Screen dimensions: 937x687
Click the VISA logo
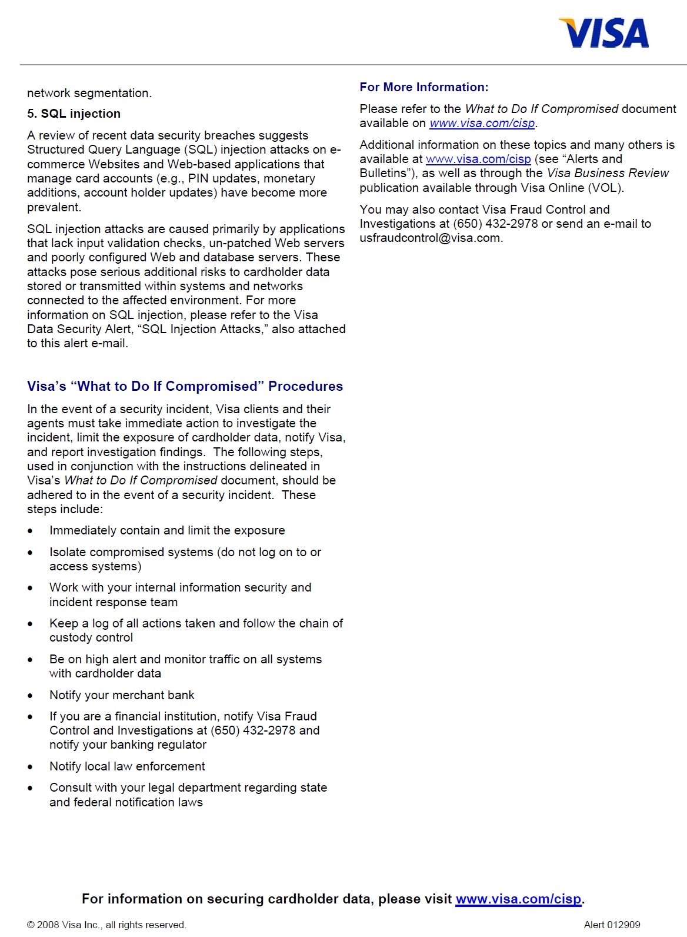[604, 33]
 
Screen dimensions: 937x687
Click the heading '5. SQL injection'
[74, 114]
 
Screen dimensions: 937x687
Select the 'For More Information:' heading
[423, 87]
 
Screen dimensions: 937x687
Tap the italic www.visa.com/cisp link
[482, 123]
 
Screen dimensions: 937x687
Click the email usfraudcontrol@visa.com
[430, 238]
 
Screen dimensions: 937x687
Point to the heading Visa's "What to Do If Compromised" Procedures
[185, 386]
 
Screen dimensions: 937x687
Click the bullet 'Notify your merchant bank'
[122, 695]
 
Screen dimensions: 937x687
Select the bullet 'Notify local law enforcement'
[127, 766]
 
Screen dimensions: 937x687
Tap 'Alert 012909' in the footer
[612, 925]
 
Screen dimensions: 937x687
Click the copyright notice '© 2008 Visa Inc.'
[106, 925]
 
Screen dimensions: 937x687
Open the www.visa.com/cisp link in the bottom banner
[518, 899]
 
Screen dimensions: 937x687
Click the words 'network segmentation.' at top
[89, 93]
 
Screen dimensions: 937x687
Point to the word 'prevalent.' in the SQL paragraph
[54, 207]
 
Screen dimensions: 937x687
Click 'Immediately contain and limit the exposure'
[167, 530]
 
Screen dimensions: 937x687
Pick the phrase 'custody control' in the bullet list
[91, 637]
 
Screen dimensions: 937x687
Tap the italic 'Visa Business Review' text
[608, 173]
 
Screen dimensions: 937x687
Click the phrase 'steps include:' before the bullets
[65, 509]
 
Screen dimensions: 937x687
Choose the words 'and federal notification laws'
[126, 802]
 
